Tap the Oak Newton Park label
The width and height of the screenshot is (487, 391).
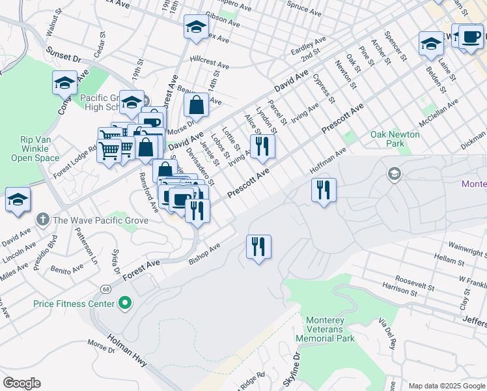click(x=395, y=139)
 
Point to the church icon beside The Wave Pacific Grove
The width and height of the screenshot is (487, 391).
click(x=43, y=220)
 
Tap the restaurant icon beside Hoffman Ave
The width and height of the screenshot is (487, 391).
click(x=324, y=190)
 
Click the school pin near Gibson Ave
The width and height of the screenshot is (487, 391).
click(x=196, y=27)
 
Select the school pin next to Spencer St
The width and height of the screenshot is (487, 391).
click(x=430, y=44)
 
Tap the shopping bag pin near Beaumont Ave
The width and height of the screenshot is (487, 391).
click(x=196, y=104)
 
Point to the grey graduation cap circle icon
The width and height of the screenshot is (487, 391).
click(x=393, y=173)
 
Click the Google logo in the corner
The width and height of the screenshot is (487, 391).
click(x=21, y=383)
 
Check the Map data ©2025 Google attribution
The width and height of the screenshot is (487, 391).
click(x=445, y=385)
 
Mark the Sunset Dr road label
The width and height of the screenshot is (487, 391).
click(x=63, y=54)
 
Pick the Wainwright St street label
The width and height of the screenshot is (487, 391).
click(x=467, y=250)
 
